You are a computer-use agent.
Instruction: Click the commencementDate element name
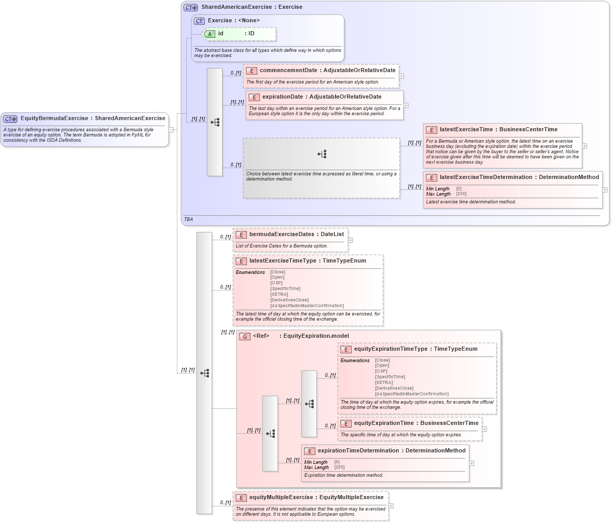(288, 70)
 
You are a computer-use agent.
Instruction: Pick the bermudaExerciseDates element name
(282, 234)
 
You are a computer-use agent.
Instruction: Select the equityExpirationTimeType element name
(391, 349)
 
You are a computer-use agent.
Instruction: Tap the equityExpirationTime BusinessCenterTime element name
(384, 423)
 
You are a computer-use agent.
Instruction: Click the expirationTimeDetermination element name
(358, 450)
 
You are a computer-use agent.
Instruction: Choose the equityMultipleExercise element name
(283, 497)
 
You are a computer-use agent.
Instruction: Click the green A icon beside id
(210, 34)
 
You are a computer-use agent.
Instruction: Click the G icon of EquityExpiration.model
(245, 336)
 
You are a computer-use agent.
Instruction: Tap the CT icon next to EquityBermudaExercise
(10, 118)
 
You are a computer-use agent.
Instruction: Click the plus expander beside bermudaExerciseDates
(351, 240)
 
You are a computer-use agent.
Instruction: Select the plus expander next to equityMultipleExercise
(391, 506)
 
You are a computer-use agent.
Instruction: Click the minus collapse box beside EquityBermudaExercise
(171, 130)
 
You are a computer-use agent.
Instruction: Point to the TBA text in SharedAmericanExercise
(188, 219)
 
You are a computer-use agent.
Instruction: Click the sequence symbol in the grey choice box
(322, 154)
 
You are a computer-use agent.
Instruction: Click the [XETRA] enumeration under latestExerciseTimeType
(279, 294)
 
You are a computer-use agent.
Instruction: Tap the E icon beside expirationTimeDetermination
(309, 451)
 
